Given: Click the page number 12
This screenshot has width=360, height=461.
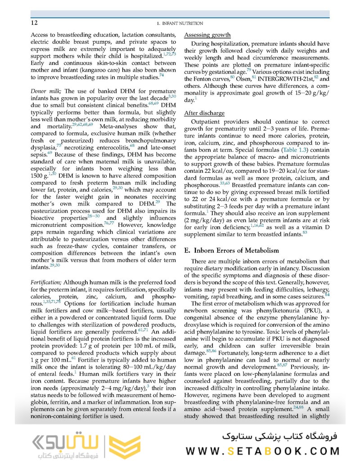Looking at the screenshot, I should click(34, 23).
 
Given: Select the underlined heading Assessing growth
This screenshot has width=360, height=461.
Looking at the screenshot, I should click(208, 35).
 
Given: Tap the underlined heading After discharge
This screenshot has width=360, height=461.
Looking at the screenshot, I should click(205, 113).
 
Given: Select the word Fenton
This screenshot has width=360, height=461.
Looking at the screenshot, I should click(204, 79).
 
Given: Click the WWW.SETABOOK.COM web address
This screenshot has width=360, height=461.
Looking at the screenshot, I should click(264, 451).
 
